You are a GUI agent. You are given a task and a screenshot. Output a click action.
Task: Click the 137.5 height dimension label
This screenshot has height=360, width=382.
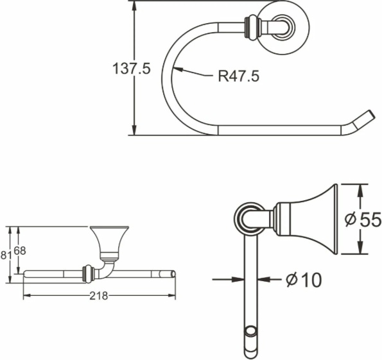point(132,68)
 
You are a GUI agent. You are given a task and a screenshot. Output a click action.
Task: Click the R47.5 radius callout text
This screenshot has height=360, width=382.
point(238,76)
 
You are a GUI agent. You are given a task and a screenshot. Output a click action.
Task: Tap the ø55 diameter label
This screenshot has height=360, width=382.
point(363,219)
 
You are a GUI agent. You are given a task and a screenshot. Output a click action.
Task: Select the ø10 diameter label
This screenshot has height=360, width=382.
point(304,280)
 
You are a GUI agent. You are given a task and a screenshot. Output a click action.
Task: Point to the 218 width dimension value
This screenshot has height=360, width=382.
point(99,296)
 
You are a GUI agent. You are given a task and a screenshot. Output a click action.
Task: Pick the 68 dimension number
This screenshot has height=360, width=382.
point(20,251)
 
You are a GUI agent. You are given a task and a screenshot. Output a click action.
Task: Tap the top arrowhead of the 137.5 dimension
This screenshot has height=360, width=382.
point(134,6)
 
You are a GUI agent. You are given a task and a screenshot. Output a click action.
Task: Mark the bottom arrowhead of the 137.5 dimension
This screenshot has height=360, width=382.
point(134,130)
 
